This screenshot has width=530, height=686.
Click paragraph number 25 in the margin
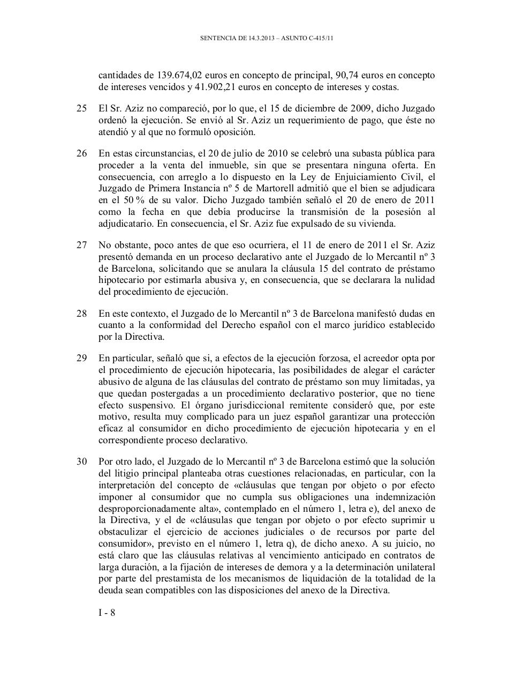click(81, 108)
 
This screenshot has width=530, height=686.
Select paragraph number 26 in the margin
click(81, 154)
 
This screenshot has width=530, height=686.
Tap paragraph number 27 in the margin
click(81, 245)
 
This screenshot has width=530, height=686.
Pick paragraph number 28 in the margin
click(81, 314)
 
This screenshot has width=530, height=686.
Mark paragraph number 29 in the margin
click(81, 359)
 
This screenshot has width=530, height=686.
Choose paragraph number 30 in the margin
click(81, 461)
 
